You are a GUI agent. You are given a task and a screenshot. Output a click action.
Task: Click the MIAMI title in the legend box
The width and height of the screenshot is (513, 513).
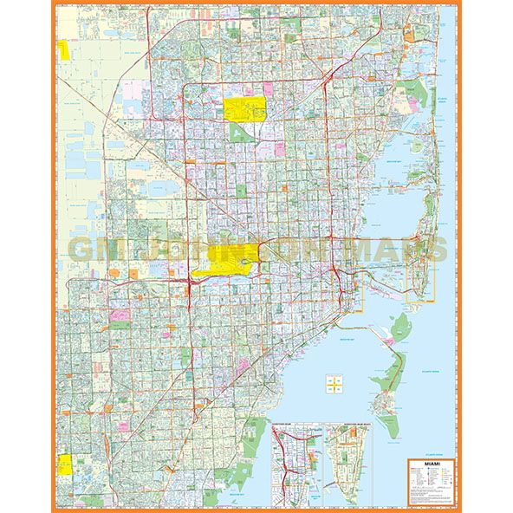[x=431, y=465]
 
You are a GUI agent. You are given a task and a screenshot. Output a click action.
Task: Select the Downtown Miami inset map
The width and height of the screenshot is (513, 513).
[x=295, y=464]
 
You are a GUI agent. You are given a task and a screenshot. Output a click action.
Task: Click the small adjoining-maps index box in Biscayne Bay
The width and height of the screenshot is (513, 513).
[x=334, y=382]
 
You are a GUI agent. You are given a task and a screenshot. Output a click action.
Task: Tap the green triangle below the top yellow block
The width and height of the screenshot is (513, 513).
[x=237, y=133]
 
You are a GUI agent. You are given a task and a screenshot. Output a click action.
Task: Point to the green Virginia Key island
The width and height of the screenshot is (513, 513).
[x=400, y=327]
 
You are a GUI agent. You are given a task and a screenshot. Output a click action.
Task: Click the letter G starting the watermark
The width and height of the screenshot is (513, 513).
[x=83, y=250]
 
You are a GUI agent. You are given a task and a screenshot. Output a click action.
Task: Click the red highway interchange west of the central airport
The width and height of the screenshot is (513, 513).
[x=188, y=282]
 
